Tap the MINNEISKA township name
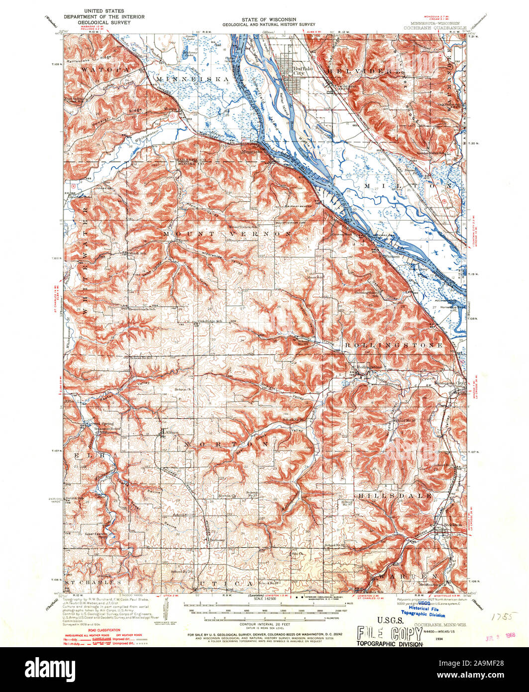click(x=191, y=79)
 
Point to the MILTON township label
click(x=408, y=185)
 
